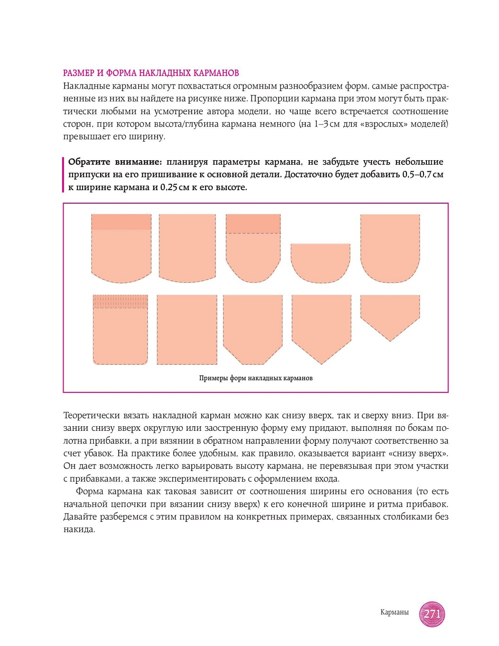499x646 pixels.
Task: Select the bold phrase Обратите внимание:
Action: (x=115, y=162)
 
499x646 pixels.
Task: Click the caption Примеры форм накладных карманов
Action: (x=256, y=378)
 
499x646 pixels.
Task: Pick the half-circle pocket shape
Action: (x=320, y=262)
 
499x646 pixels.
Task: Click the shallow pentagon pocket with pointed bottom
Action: (x=390, y=314)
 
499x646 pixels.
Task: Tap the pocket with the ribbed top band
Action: (x=121, y=330)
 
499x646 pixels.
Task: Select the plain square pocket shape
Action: (x=187, y=329)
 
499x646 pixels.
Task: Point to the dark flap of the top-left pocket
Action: (x=121, y=222)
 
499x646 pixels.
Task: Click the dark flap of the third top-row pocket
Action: (x=253, y=224)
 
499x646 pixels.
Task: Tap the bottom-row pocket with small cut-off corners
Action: (x=253, y=328)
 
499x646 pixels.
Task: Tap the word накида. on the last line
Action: (x=79, y=529)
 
